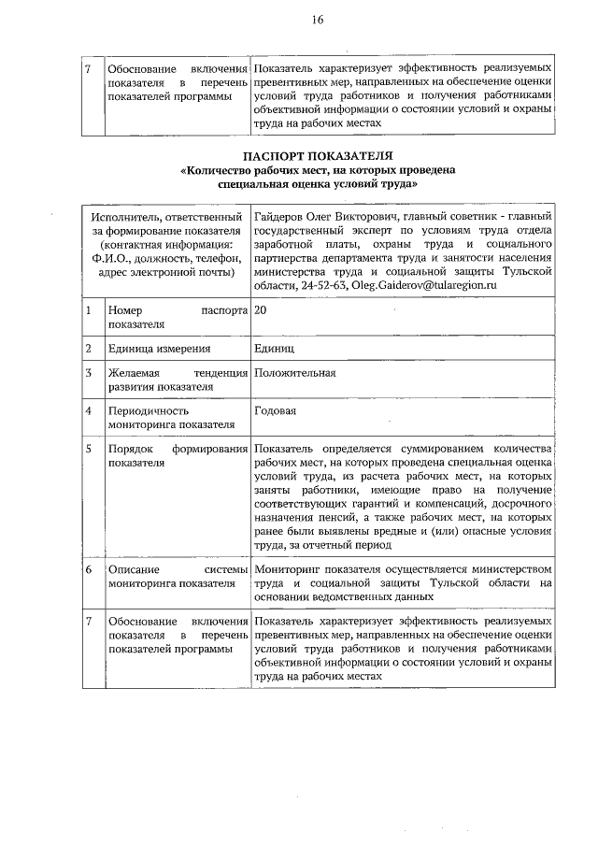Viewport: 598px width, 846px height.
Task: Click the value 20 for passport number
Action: coord(261,309)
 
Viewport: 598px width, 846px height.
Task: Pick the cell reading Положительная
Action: coord(294,373)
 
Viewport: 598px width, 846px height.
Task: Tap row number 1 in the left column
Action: coord(89,309)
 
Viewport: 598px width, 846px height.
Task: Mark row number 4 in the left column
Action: coord(89,410)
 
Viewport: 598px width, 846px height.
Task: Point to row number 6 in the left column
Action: coord(89,569)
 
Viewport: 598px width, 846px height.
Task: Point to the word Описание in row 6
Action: coord(134,569)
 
